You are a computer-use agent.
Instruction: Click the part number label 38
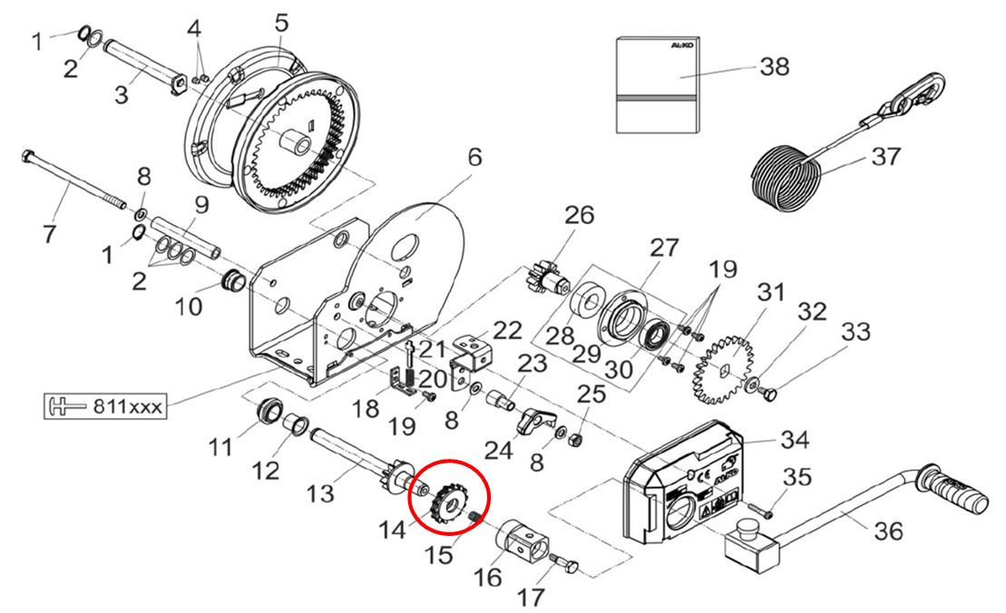point(775,66)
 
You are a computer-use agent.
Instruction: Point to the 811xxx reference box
point(103,405)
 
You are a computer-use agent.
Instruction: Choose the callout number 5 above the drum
point(281,21)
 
